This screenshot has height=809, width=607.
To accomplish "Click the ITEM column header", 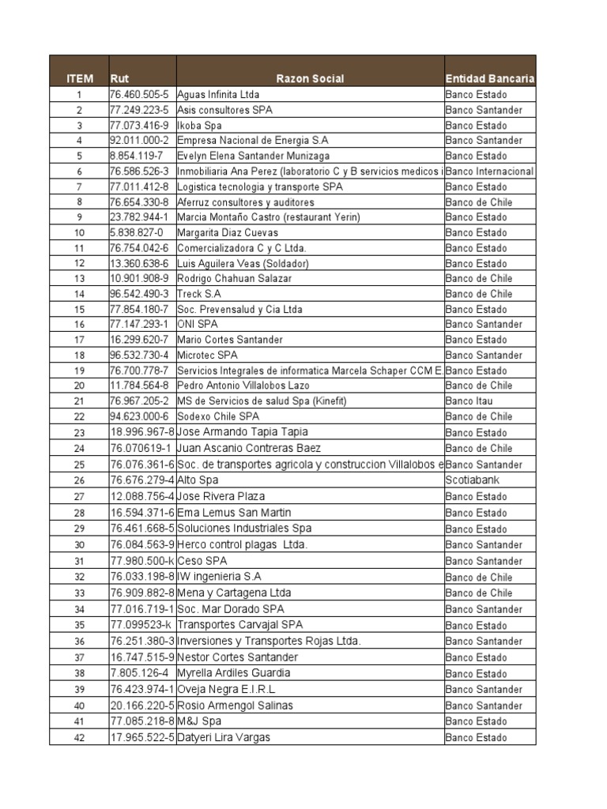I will click(80, 79).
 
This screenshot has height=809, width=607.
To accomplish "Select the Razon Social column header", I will click(310, 79).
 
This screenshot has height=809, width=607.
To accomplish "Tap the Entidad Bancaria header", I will click(490, 79).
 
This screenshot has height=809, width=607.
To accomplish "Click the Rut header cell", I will click(120, 79).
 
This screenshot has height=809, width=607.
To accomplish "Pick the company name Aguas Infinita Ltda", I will click(218, 95).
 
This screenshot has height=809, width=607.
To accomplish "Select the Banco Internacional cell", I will click(490, 171).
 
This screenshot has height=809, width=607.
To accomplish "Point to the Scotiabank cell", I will click(473, 480).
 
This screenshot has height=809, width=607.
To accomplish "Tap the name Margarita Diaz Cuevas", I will click(228, 233).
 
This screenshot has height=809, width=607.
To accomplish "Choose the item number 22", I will click(80, 416).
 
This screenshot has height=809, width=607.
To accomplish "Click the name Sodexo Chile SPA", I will click(218, 416).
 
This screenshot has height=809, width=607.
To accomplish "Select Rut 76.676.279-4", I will click(142, 480).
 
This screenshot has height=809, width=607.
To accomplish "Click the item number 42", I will click(80, 738).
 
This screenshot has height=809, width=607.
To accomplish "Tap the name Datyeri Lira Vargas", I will click(224, 738).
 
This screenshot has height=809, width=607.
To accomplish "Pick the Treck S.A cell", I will click(199, 294).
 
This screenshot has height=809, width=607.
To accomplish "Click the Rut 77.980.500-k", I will click(142, 561).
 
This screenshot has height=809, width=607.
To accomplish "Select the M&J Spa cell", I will click(199, 721).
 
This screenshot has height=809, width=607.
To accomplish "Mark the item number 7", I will click(80, 187).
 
